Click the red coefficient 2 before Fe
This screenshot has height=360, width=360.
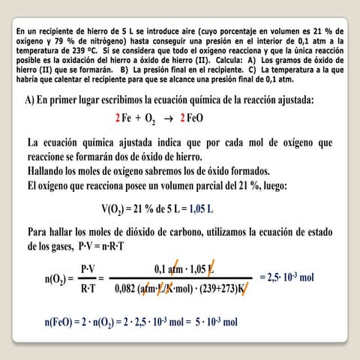(118, 118)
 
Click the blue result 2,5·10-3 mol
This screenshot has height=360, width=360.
(286, 277)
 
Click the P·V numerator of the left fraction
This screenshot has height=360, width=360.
(88, 268)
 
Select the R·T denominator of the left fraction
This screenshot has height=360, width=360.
(88, 288)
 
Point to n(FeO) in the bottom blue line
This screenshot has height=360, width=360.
(61, 322)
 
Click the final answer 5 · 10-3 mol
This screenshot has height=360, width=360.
(213, 322)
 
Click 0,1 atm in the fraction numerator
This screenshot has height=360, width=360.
(170, 268)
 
